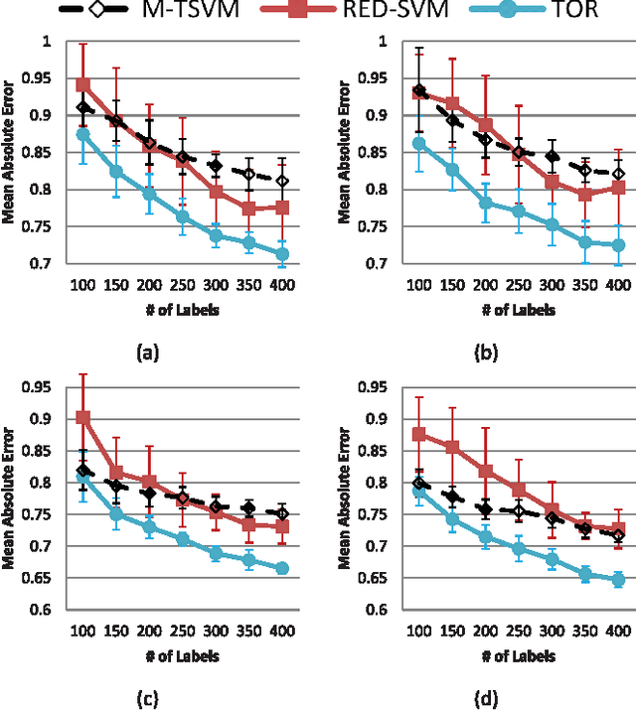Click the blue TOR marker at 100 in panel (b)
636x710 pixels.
(x=420, y=143)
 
